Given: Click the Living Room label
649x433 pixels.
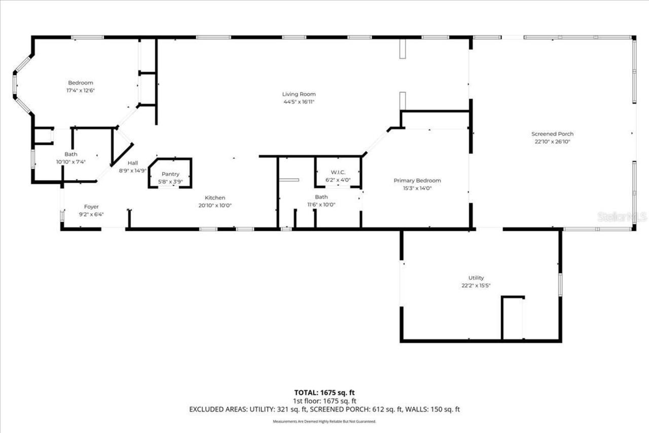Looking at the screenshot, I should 299,94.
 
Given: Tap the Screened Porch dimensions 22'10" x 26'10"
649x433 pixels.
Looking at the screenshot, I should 552,142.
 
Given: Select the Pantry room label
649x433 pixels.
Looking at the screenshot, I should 170,174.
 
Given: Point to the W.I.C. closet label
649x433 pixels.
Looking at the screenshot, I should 338,172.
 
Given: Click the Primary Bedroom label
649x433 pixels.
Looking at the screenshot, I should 417,180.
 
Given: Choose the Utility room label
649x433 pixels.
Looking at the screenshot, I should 476,278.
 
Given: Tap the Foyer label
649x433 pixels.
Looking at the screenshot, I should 91,207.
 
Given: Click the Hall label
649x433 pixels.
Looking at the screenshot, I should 132,163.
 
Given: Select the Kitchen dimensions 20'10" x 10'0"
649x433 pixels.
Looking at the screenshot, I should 215,206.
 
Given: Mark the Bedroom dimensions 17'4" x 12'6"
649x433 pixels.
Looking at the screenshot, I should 81,90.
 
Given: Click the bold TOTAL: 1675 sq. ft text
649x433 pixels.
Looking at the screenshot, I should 324,392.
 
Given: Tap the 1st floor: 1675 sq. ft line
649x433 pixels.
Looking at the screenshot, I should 324,401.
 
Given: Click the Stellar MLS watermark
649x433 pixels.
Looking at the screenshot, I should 622,217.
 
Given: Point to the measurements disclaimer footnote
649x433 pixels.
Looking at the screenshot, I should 324,421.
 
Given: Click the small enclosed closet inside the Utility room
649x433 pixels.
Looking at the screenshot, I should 513,318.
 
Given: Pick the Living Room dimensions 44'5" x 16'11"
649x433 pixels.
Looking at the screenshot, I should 299,102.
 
